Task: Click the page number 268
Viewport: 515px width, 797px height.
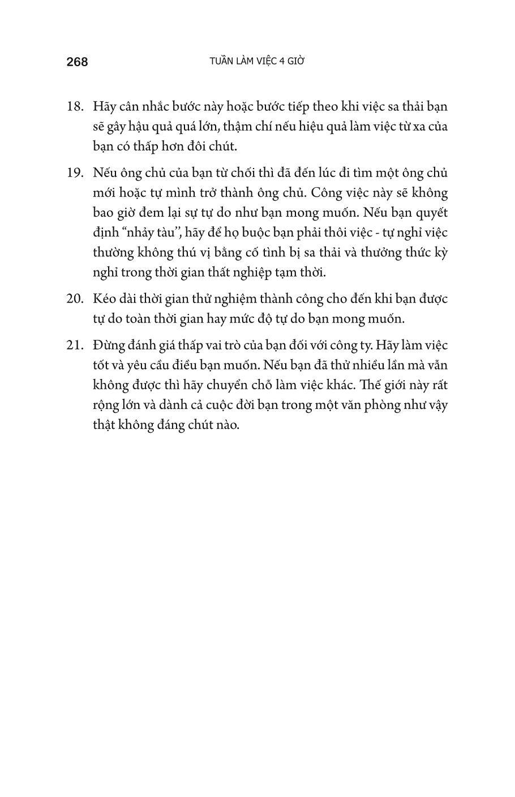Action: pos(77,62)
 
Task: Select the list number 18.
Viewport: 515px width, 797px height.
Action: pos(75,106)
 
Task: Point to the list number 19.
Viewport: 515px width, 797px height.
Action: pos(75,173)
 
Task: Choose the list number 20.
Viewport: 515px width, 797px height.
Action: pos(75,299)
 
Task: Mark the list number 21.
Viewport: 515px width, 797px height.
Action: pos(75,345)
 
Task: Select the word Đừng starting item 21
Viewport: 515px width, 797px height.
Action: pos(108,345)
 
